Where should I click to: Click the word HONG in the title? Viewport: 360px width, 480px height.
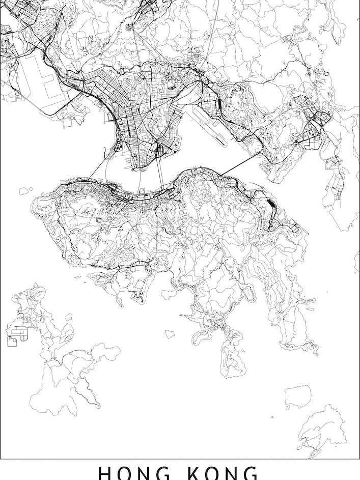point(135,473)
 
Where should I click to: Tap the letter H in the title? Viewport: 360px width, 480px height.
point(104,473)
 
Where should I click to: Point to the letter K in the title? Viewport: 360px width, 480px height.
point(195,473)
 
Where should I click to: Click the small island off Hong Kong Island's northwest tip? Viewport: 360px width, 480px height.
point(23,191)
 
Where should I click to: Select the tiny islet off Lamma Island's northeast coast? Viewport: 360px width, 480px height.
point(68,316)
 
